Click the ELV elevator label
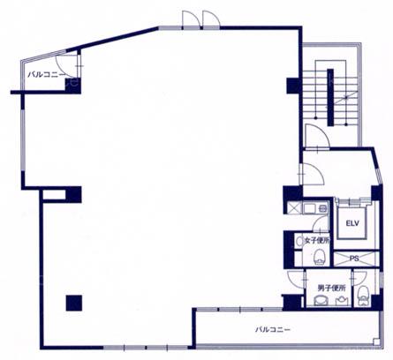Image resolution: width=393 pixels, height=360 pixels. coord(352,223)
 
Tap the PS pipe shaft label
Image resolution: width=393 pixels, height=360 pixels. coord(354,259)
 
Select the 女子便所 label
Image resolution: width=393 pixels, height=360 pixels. coord(317,241)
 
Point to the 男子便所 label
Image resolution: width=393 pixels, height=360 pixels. coord(331,288)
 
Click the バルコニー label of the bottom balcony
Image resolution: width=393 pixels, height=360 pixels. coord(273,329)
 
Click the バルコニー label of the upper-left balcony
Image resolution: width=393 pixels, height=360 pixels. coord(47,74)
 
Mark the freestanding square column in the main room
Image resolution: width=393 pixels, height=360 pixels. coord(74,303)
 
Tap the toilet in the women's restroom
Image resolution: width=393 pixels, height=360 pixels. coord(319,257)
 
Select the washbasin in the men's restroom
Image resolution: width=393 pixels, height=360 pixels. coord(342,301)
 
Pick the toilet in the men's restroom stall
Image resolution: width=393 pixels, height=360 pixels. coord(363,294)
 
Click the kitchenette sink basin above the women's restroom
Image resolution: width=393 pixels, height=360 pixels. coord(310,208)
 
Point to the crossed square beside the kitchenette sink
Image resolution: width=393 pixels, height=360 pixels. coord(294,208)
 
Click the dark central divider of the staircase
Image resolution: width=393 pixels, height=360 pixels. coord(330,97)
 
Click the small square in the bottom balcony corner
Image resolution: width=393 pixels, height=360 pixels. coord(375,341)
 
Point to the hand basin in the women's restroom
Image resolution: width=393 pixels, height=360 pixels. coord(299,242)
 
